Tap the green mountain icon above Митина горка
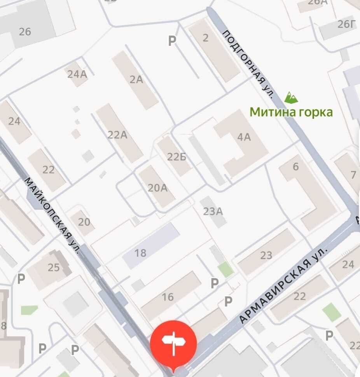[x=291, y=97]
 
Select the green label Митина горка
[x=291, y=112]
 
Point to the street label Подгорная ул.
[x=249, y=64]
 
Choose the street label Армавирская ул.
[x=283, y=285]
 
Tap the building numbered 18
[x=140, y=253]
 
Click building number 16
[x=168, y=297]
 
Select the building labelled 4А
[x=244, y=137]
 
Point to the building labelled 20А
[x=157, y=188]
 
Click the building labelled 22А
[x=117, y=135]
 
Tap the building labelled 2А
[x=136, y=80]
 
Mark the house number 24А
[x=77, y=74]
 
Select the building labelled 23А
[x=213, y=211]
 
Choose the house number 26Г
[x=346, y=24]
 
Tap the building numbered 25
[x=53, y=267]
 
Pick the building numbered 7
[x=353, y=175]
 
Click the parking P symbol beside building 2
[x=172, y=40]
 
